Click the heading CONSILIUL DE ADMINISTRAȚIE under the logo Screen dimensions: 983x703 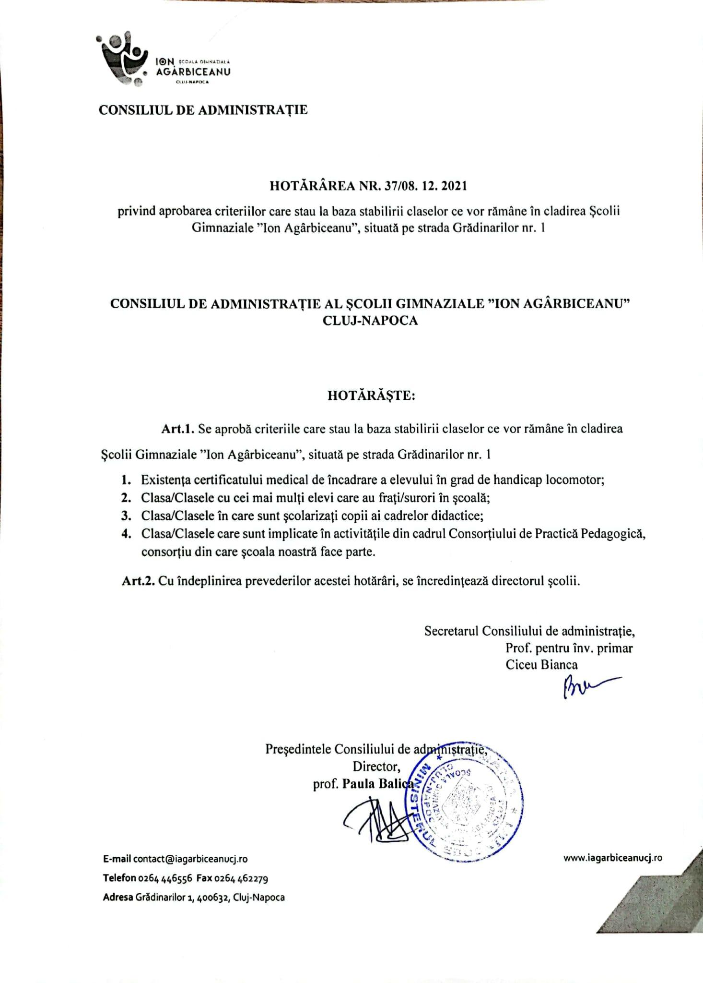point(203,110)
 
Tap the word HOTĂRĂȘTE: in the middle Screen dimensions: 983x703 point(371,396)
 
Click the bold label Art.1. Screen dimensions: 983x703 point(177,429)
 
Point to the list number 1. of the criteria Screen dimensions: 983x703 point(126,480)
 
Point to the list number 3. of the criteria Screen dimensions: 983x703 point(126,515)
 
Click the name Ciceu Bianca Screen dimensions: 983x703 point(541,665)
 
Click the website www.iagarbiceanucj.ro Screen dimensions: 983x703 point(613,858)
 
